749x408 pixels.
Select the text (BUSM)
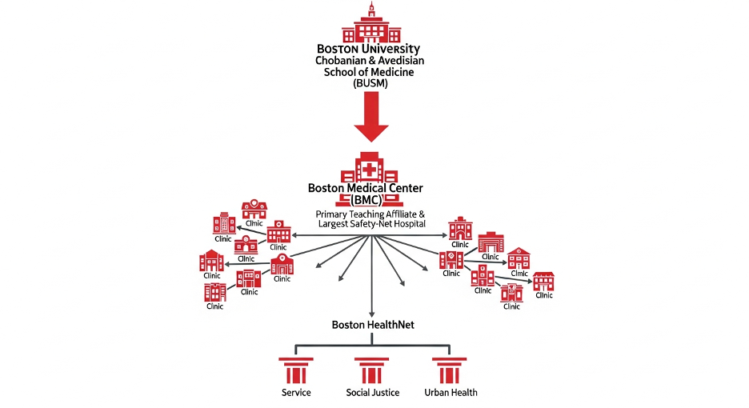pyautogui.click(x=370, y=82)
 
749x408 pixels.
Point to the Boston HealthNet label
pyautogui.click(x=372, y=325)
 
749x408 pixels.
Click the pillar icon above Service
pyautogui.click(x=296, y=371)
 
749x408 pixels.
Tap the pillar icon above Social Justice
pyautogui.click(x=372, y=371)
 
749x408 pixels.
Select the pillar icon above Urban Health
pyautogui.click(x=450, y=371)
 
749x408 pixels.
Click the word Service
pyautogui.click(x=296, y=393)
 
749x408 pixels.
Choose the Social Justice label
pyautogui.click(x=372, y=393)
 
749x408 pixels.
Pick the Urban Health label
pyautogui.click(x=451, y=393)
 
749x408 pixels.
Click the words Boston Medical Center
pyautogui.click(x=366, y=188)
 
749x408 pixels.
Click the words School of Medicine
pyautogui.click(x=370, y=71)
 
